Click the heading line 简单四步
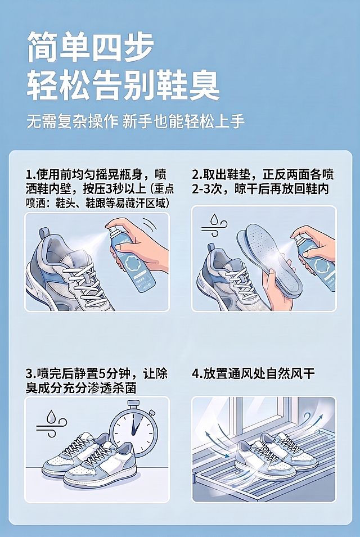pos(90,47)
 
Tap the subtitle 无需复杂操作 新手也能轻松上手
pos(136,121)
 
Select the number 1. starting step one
pos(30,175)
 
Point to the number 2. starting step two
pos(197,175)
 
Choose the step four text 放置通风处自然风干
pos(259,373)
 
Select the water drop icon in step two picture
pos(214,219)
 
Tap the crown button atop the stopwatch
pos(132,403)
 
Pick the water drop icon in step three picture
pos(51,417)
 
